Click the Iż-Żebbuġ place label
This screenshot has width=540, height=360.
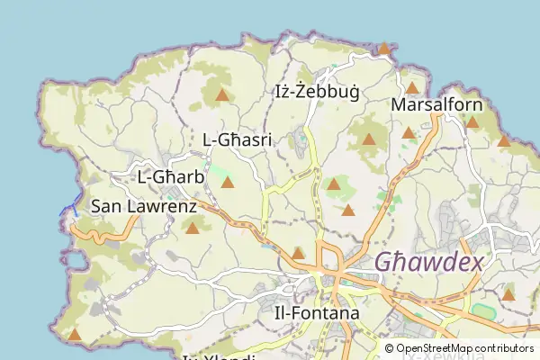(x=316, y=92)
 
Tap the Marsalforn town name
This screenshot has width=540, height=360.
(x=437, y=105)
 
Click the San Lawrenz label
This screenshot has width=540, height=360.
(x=144, y=207)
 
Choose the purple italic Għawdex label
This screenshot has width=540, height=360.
(x=428, y=262)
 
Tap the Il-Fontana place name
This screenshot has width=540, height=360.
(x=316, y=313)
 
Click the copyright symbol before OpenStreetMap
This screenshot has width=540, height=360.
(x=389, y=348)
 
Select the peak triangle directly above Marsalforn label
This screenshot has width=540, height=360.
(x=411, y=88)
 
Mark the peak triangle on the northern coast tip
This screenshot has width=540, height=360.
(x=383, y=49)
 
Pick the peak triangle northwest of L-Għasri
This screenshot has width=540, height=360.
(x=221, y=94)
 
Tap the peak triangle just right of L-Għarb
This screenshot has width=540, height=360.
(x=227, y=183)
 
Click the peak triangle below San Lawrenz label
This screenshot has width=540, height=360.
(x=192, y=229)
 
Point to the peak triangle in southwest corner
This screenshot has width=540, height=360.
(x=75, y=335)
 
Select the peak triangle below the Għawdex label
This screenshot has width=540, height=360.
(x=508, y=294)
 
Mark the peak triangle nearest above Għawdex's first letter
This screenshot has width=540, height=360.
(x=348, y=211)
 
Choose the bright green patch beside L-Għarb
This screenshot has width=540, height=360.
(x=219, y=169)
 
